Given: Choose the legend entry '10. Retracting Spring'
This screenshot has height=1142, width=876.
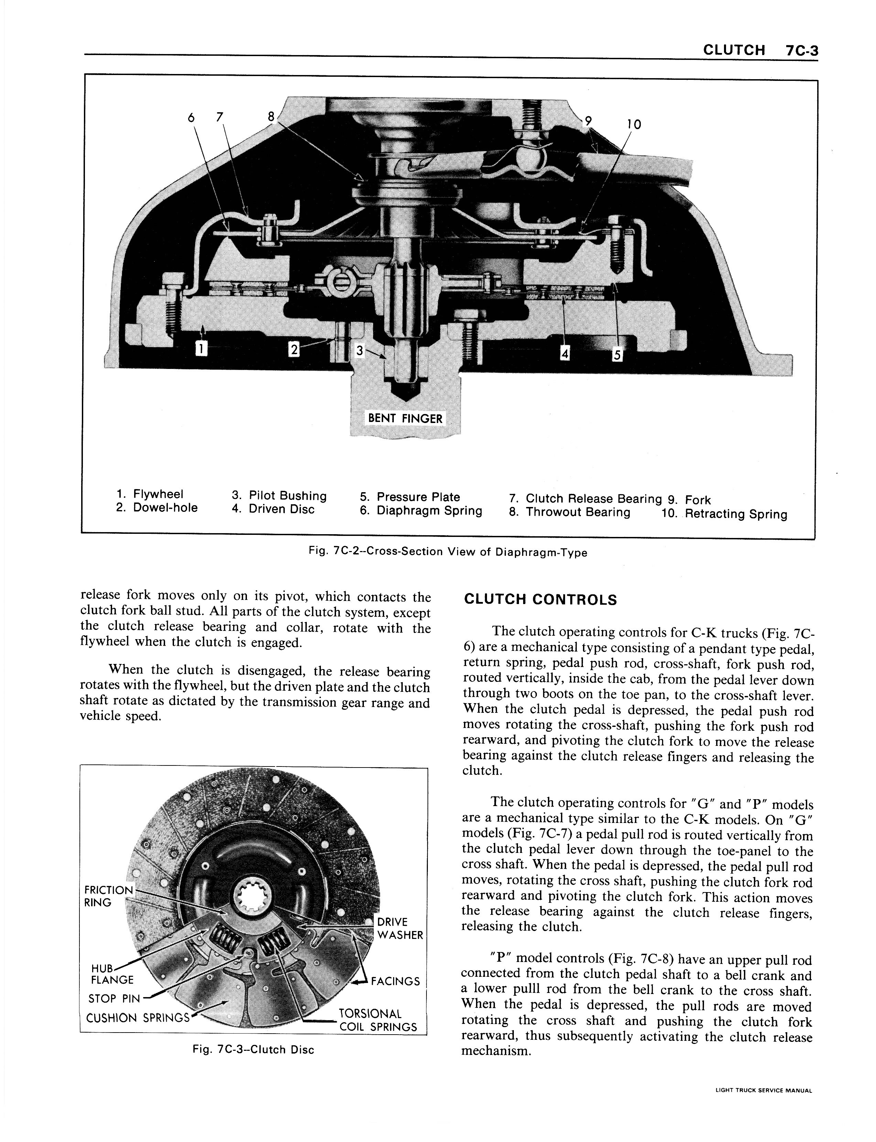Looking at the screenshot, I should point(724,514).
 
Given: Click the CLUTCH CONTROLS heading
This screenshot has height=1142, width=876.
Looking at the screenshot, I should point(540,600).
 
